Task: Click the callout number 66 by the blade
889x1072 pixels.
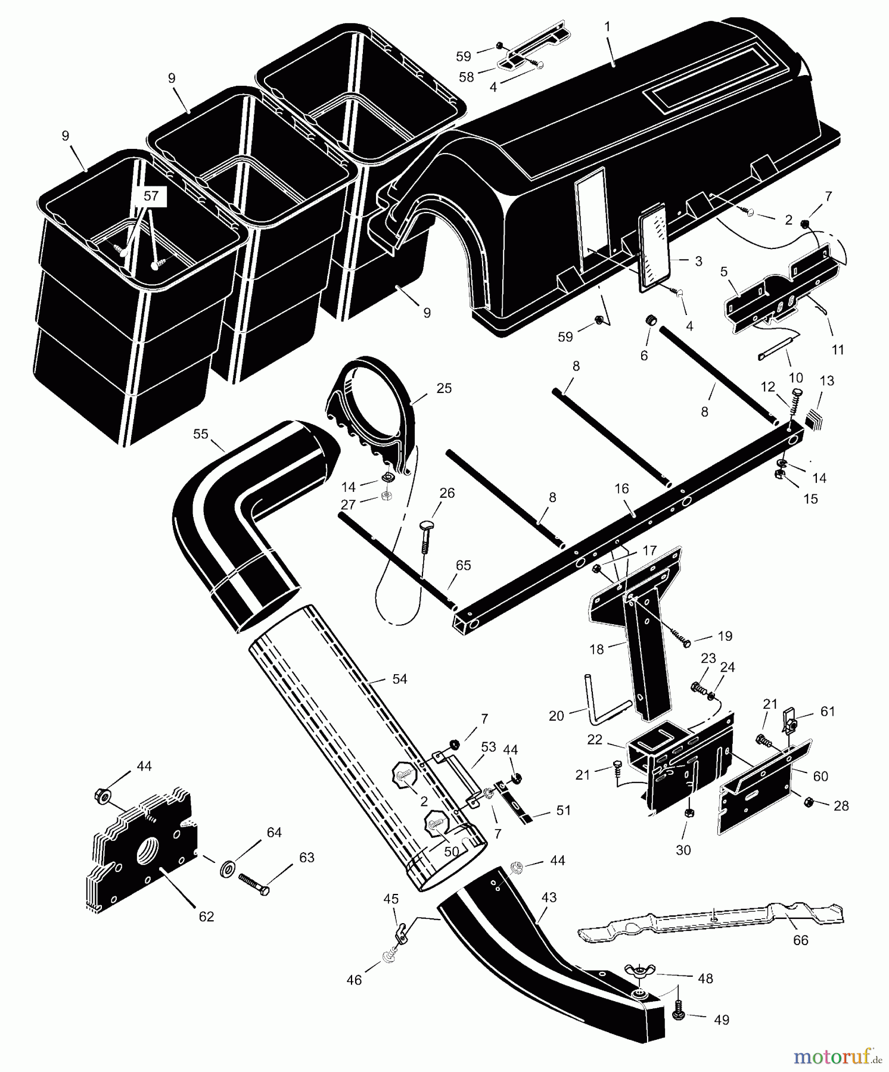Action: coord(800,940)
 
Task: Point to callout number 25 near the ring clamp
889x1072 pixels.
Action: coord(444,388)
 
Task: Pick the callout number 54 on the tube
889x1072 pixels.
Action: coord(399,679)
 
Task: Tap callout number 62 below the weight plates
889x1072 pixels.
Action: coord(206,916)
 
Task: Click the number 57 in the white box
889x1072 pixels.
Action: coord(151,196)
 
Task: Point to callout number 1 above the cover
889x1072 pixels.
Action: coord(607,27)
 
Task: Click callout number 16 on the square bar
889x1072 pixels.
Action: coord(621,489)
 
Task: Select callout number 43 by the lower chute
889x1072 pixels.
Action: coord(548,897)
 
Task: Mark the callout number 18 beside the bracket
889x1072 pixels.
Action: coord(596,649)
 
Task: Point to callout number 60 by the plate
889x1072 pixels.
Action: coord(820,776)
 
